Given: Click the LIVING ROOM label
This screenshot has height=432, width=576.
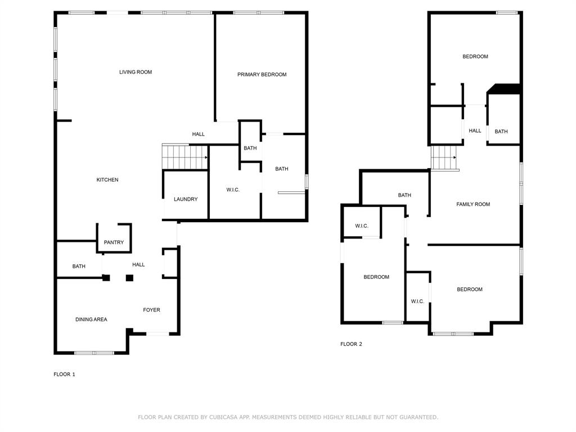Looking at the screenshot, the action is (136, 72).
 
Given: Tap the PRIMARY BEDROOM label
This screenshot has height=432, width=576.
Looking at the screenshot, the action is (262, 75).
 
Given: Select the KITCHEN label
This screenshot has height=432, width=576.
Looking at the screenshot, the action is (107, 179).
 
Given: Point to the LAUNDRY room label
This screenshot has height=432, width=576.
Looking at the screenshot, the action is (186, 199).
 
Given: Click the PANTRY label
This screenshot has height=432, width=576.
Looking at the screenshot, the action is (114, 242).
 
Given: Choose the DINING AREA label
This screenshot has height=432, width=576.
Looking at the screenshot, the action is (92, 319).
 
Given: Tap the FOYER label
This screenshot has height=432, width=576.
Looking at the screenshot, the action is (152, 310).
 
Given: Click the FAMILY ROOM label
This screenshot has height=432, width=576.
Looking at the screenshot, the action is (473, 204).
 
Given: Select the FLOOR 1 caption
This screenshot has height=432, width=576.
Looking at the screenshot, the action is (64, 374).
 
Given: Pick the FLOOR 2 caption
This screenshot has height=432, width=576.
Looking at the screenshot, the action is (351, 344).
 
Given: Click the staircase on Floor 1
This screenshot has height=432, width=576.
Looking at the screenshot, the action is (184, 157).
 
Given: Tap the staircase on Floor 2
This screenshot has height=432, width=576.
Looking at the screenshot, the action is (444, 158).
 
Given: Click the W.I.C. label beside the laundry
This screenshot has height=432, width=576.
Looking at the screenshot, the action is (233, 190).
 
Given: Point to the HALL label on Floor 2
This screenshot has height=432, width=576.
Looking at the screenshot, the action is (475, 130).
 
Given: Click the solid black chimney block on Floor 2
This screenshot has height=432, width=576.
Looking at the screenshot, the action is (504, 89).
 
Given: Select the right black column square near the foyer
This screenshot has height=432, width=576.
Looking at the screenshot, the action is (129, 278).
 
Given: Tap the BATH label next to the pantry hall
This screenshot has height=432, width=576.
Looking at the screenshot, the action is (79, 266).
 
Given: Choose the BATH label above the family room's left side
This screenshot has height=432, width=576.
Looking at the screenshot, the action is (404, 195).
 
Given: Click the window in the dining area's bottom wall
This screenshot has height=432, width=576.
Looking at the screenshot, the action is (94, 353).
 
